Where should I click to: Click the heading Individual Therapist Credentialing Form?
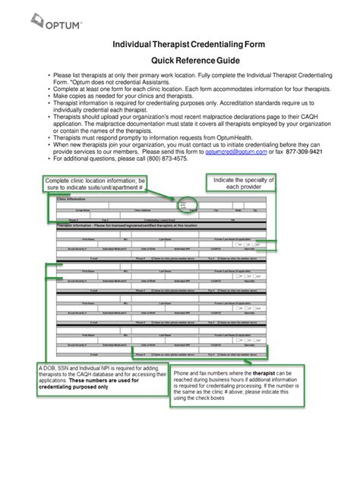[x=178, y=47]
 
